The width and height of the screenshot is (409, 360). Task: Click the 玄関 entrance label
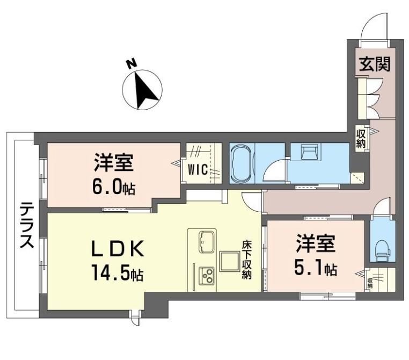[375, 64]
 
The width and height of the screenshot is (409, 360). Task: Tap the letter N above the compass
[132, 64]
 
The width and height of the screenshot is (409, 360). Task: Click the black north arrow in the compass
[145, 90]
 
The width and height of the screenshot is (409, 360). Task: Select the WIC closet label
[198, 170]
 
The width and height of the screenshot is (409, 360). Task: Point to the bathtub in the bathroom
[242, 164]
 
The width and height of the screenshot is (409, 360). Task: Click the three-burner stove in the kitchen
[207, 276]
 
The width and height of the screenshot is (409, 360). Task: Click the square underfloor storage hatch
[230, 261]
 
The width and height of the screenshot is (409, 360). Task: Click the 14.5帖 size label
[117, 272]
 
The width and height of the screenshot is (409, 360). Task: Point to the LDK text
[118, 249]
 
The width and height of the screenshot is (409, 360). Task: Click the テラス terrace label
[27, 226]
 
